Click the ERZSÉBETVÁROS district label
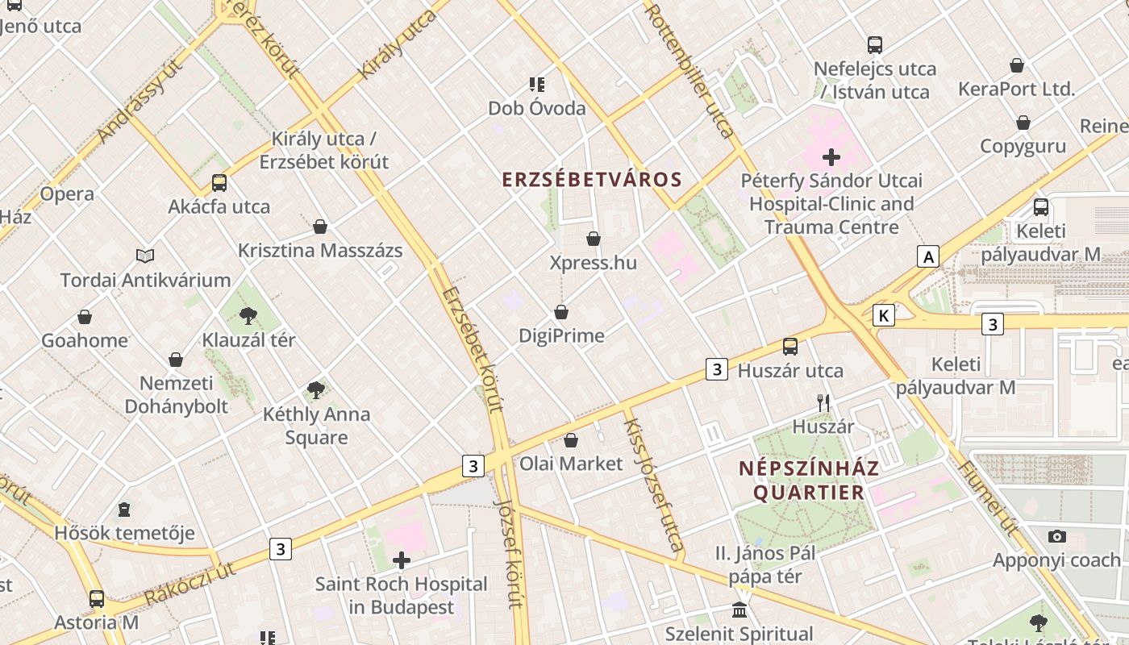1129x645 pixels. point(592,179)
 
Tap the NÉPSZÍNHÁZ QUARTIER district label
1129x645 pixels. point(810,480)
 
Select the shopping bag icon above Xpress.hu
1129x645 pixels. point(594,239)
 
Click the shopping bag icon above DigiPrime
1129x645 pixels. point(561,311)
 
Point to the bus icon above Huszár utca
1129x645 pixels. point(790,347)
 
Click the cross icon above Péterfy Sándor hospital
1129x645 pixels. point(831,156)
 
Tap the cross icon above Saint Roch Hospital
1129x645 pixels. point(402,560)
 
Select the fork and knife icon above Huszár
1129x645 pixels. point(823,402)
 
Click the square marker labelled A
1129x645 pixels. point(929,257)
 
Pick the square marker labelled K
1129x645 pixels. point(884,315)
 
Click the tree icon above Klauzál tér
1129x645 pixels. point(248,315)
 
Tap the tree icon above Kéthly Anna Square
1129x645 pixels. point(316,390)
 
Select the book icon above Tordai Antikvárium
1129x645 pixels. point(145,256)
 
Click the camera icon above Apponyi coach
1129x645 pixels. point(1056,536)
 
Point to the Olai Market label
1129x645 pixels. point(571,464)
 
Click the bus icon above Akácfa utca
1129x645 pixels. point(219,182)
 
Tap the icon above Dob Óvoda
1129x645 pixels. point(537,84)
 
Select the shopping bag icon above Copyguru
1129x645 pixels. point(1023,123)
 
